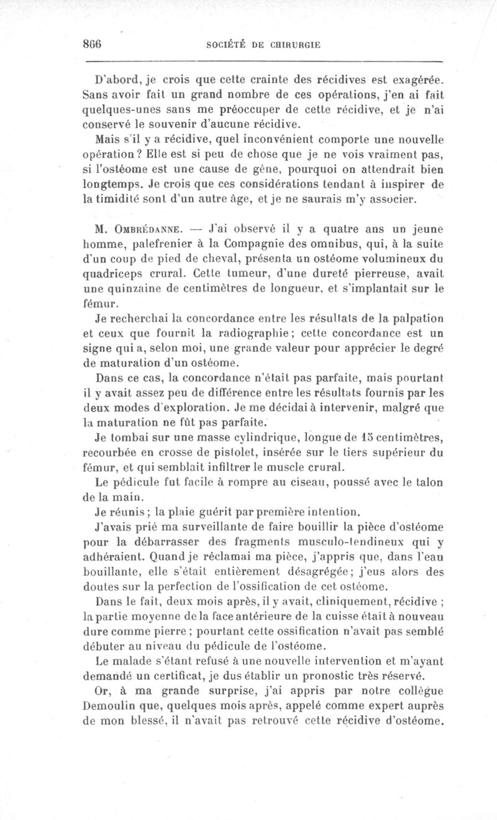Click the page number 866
pyautogui.click(x=91, y=45)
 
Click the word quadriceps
pyautogui.click(x=114, y=274)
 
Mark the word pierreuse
pyautogui.click(x=350, y=274)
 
